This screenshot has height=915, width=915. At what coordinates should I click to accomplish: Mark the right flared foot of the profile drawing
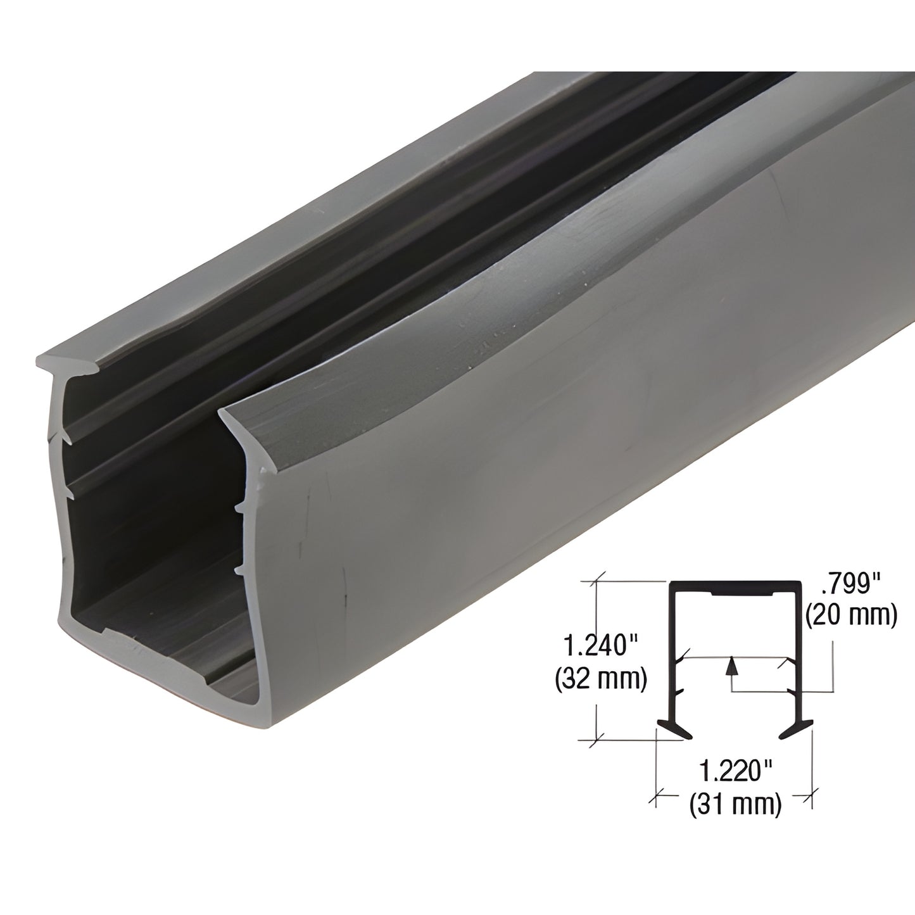(794, 728)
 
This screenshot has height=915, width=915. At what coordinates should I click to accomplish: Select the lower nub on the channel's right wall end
(239, 571)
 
